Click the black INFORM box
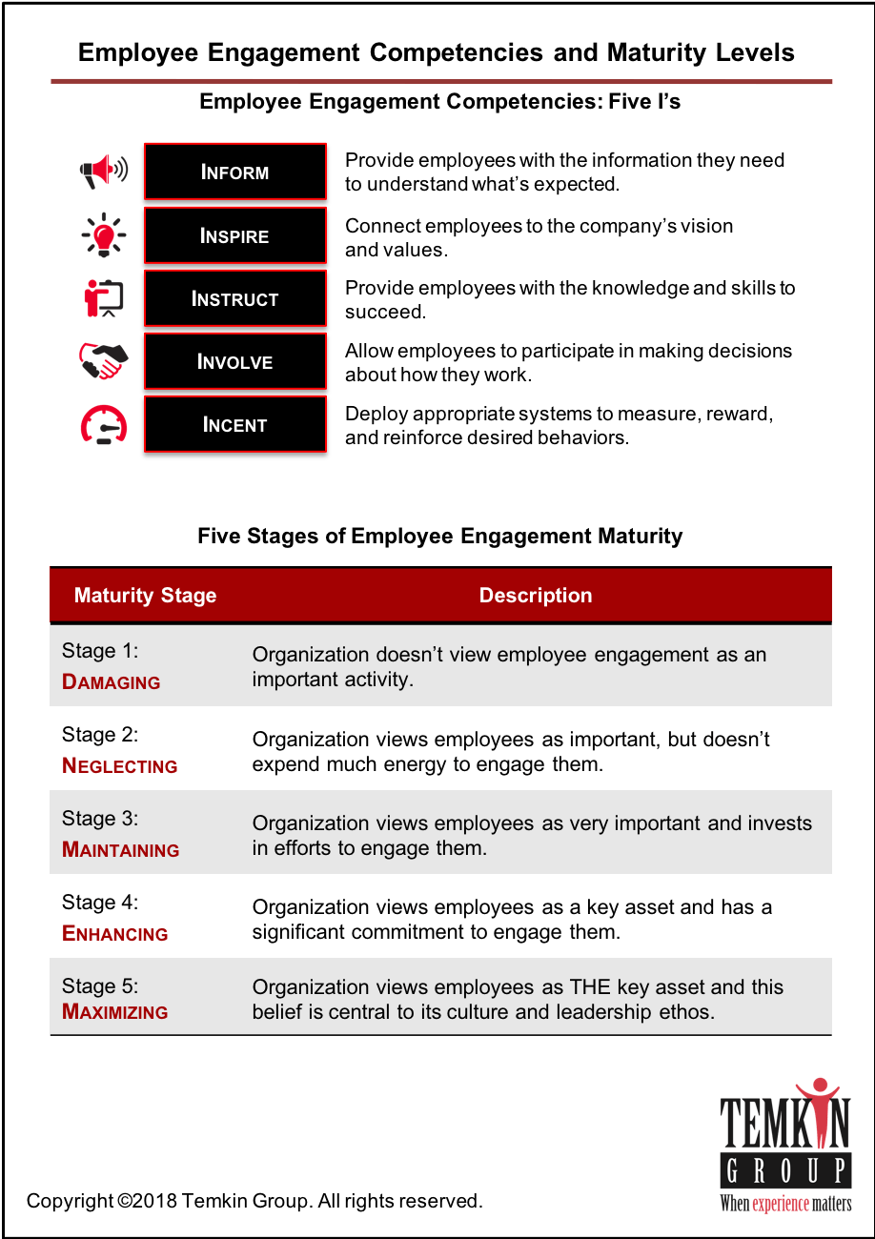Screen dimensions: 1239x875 coord(234,173)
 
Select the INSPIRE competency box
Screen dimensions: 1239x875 coord(234,235)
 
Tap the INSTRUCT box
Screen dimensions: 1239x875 coord(234,299)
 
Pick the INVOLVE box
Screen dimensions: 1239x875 coord(234,362)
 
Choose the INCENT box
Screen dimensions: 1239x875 coord(234,425)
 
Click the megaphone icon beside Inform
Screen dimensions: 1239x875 coord(103,172)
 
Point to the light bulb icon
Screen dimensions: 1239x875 coord(104,234)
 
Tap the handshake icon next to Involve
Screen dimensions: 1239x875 coord(103,361)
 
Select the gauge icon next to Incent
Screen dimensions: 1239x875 coord(104,425)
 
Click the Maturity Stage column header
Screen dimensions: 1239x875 coord(145,596)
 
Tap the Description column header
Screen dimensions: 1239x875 coord(536,596)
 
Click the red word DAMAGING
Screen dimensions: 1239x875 coord(112,682)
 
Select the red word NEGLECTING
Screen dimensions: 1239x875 coord(120,766)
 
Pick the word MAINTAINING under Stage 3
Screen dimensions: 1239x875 coord(121,850)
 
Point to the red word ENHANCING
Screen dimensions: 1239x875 coord(115,934)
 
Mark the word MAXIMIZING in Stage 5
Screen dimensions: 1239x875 coord(115,1012)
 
